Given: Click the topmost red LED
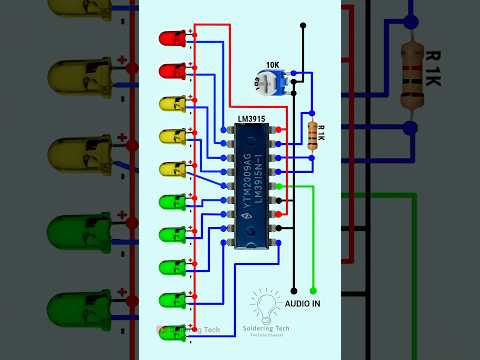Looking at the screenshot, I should coord(171,39).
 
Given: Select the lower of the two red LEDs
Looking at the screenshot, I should coord(171,71).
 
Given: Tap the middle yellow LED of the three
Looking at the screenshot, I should coord(171,136).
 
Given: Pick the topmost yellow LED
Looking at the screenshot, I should coord(171,104).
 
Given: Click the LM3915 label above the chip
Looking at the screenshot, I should coord(252,115).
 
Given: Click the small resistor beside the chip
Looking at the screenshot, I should coord(311,135).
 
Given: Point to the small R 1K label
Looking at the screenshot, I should coord(321,134).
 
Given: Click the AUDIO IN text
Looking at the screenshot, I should coord(303,302).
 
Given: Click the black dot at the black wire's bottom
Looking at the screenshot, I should coord(294,291).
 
